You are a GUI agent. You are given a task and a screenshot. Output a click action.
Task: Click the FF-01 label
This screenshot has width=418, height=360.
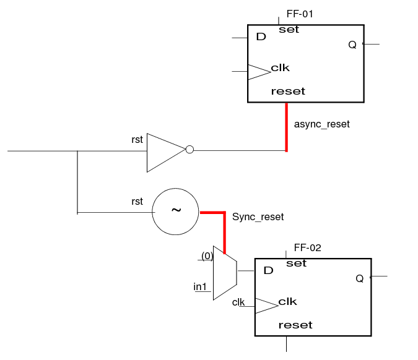click(x=300, y=14)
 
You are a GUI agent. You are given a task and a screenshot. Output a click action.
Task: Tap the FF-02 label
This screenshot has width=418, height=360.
click(x=307, y=248)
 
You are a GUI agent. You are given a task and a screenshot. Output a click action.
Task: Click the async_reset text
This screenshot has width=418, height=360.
click(x=322, y=124)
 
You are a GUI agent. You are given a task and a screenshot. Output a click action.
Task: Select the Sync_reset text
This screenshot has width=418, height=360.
click(x=258, y=216)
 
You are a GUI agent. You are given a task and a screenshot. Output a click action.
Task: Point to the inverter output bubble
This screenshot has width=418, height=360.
click(x=189, y=149)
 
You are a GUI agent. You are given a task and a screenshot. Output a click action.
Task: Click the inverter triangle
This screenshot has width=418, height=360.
click(x=167, y=153)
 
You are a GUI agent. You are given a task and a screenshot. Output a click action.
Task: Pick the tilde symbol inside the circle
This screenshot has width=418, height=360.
click(x=176, y=210)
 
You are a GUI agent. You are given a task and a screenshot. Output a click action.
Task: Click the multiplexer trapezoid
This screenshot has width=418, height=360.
click(x=225, y=273)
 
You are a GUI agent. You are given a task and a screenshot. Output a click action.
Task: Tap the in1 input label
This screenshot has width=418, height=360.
click(x=200, y=287)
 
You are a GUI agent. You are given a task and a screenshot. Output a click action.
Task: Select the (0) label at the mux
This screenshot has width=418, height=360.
click(x=207, y=256)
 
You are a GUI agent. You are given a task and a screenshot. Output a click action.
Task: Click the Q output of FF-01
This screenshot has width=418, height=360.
click(x=352, y=45)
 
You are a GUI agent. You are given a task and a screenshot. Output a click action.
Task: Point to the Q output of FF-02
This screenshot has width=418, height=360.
click(x=360, y=279)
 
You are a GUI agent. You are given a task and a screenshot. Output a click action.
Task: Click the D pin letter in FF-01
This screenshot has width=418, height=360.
click(x=261, y=36)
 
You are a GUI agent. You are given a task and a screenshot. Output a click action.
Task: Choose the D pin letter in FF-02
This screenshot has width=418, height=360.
click(x=268, y=270)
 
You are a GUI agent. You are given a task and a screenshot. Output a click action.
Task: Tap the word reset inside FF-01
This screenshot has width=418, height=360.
click(x=288, y=92)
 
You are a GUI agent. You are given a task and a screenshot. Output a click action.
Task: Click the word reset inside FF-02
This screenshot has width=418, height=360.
click(x=295, y=325)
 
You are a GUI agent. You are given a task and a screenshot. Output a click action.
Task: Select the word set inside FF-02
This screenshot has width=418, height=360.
click(x=296, y=264)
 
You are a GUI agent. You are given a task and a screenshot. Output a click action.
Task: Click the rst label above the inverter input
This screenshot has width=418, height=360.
click(x=137, y=140)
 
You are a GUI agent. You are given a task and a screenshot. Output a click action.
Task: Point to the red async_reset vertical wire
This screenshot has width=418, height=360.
click(x=287, y=127)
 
